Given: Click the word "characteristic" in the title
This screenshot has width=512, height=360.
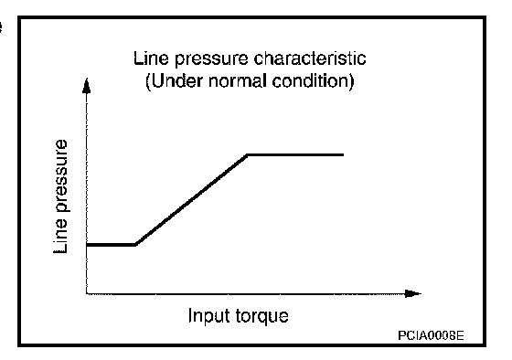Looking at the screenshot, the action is [x=310, y=58].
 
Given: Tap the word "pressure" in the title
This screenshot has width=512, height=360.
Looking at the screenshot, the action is [x=211, y=60].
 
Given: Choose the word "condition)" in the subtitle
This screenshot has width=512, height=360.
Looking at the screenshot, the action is [x=313, y=81].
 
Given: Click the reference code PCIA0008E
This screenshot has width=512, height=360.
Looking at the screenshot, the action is [x=431, y=335].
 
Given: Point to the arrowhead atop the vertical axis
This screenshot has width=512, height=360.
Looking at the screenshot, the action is [x=86, y=86].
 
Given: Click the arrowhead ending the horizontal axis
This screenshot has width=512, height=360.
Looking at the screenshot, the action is [x=413, y=293].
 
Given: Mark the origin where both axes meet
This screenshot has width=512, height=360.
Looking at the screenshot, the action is [x=87, y=293].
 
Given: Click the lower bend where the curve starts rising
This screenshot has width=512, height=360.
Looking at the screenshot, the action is [x=136, y=244].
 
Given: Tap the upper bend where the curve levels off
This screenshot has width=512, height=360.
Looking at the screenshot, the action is [x=248, y=154].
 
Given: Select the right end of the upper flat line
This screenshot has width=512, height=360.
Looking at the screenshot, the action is [x=343, y=154].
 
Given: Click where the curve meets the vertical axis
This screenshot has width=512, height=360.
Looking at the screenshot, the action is [x=87, y=244].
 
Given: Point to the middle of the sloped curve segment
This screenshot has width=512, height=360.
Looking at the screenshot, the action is [x=192, y=199].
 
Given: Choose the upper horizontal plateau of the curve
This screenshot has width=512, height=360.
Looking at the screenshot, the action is [x=295, y=154].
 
